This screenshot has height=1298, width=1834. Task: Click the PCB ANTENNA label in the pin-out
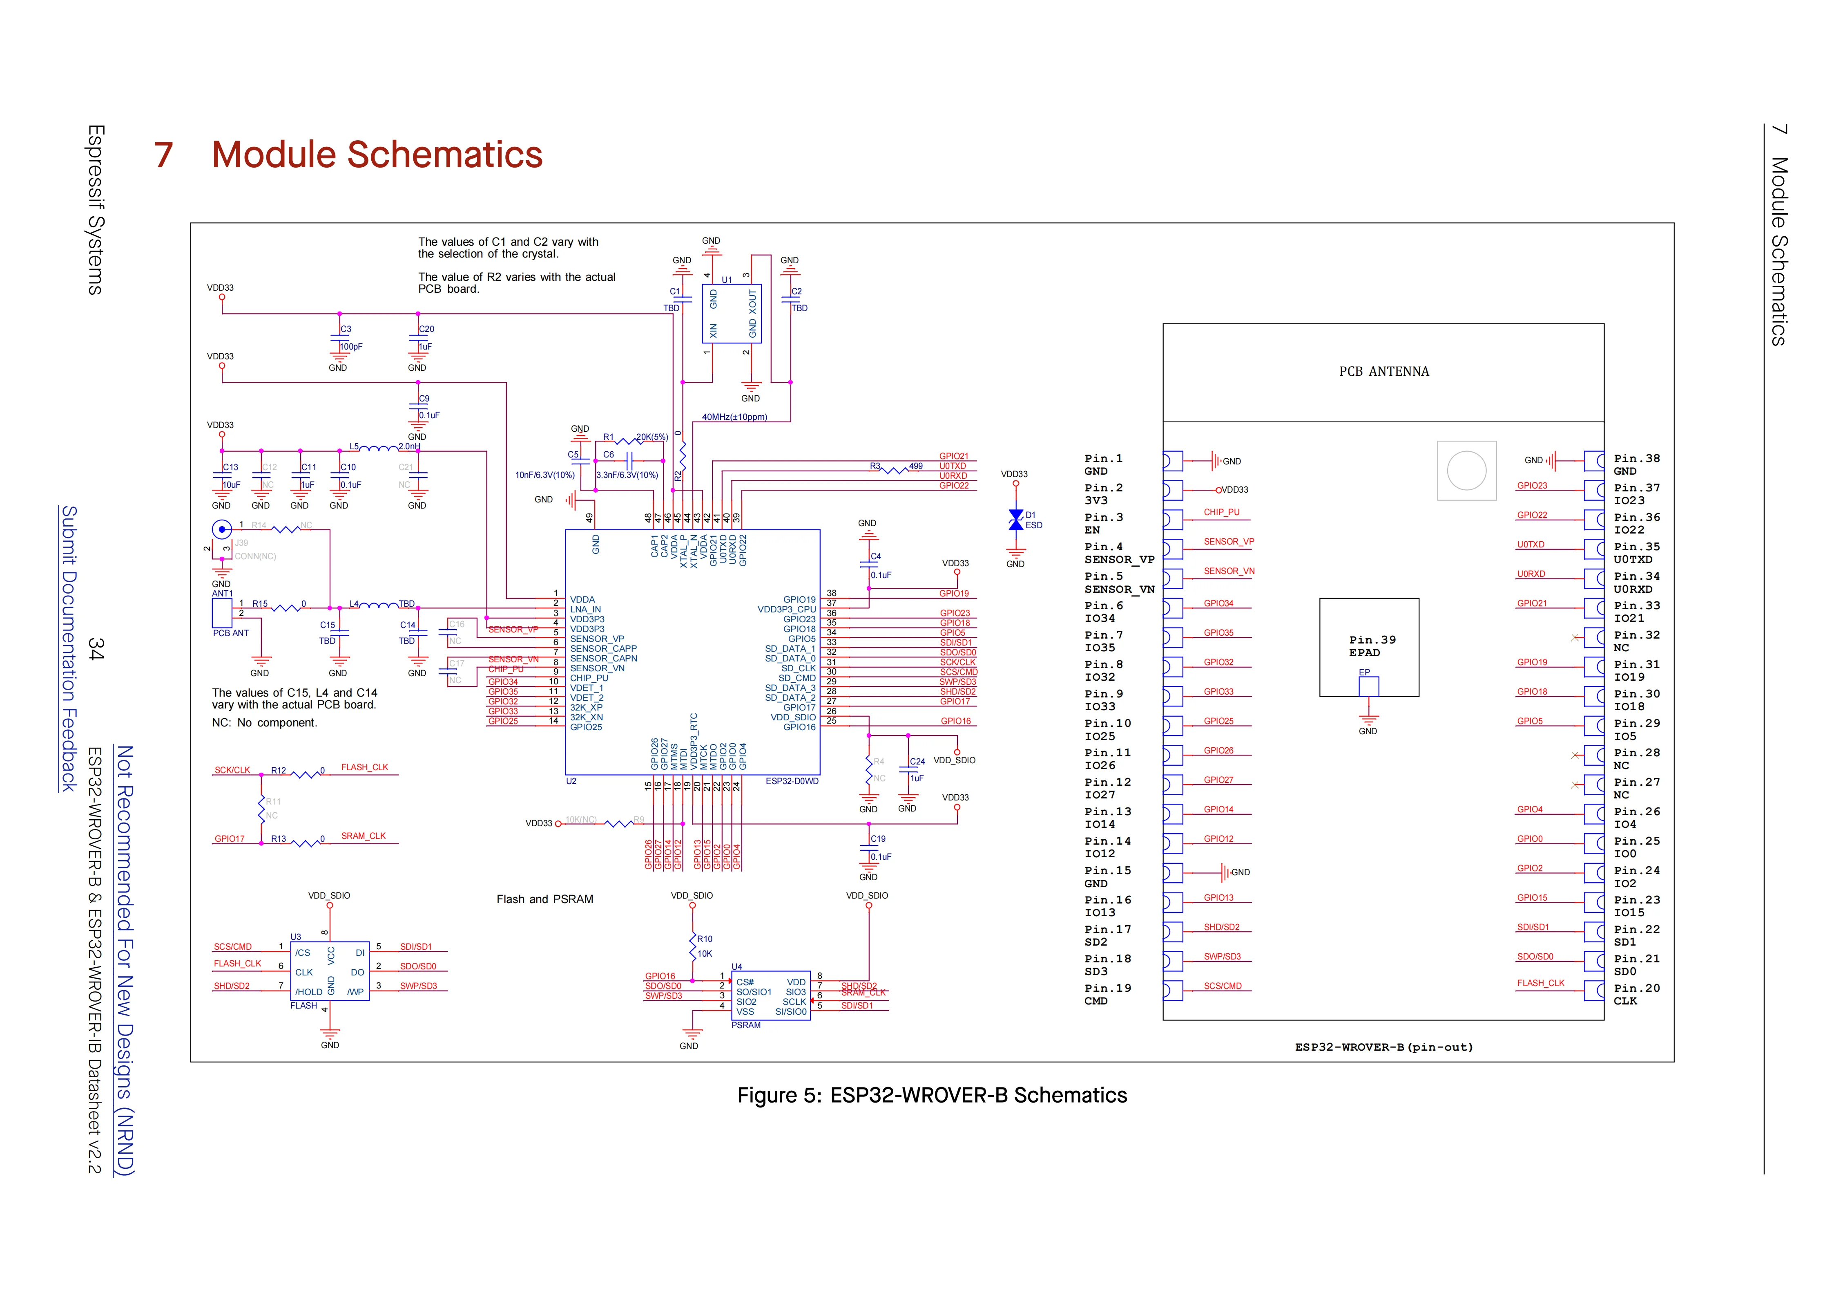click(1383, 372)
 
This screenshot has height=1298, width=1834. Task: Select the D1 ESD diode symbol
click(1015, 520)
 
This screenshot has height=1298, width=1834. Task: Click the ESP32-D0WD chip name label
click(792, 781)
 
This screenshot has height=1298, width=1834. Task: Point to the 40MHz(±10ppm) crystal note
click(734, 417)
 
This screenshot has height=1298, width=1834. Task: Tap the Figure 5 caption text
click(931, 1095)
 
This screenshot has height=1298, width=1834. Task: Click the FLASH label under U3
click(303, 1005)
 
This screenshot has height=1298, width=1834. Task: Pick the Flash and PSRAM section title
click(545, 899)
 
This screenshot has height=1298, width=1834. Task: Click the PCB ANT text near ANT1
click(231, 633)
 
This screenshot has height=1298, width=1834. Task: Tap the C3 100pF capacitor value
click(350, 347)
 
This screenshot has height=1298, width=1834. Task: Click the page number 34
click(96, 648)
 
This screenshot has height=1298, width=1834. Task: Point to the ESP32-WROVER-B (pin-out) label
click(1383, 1047)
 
